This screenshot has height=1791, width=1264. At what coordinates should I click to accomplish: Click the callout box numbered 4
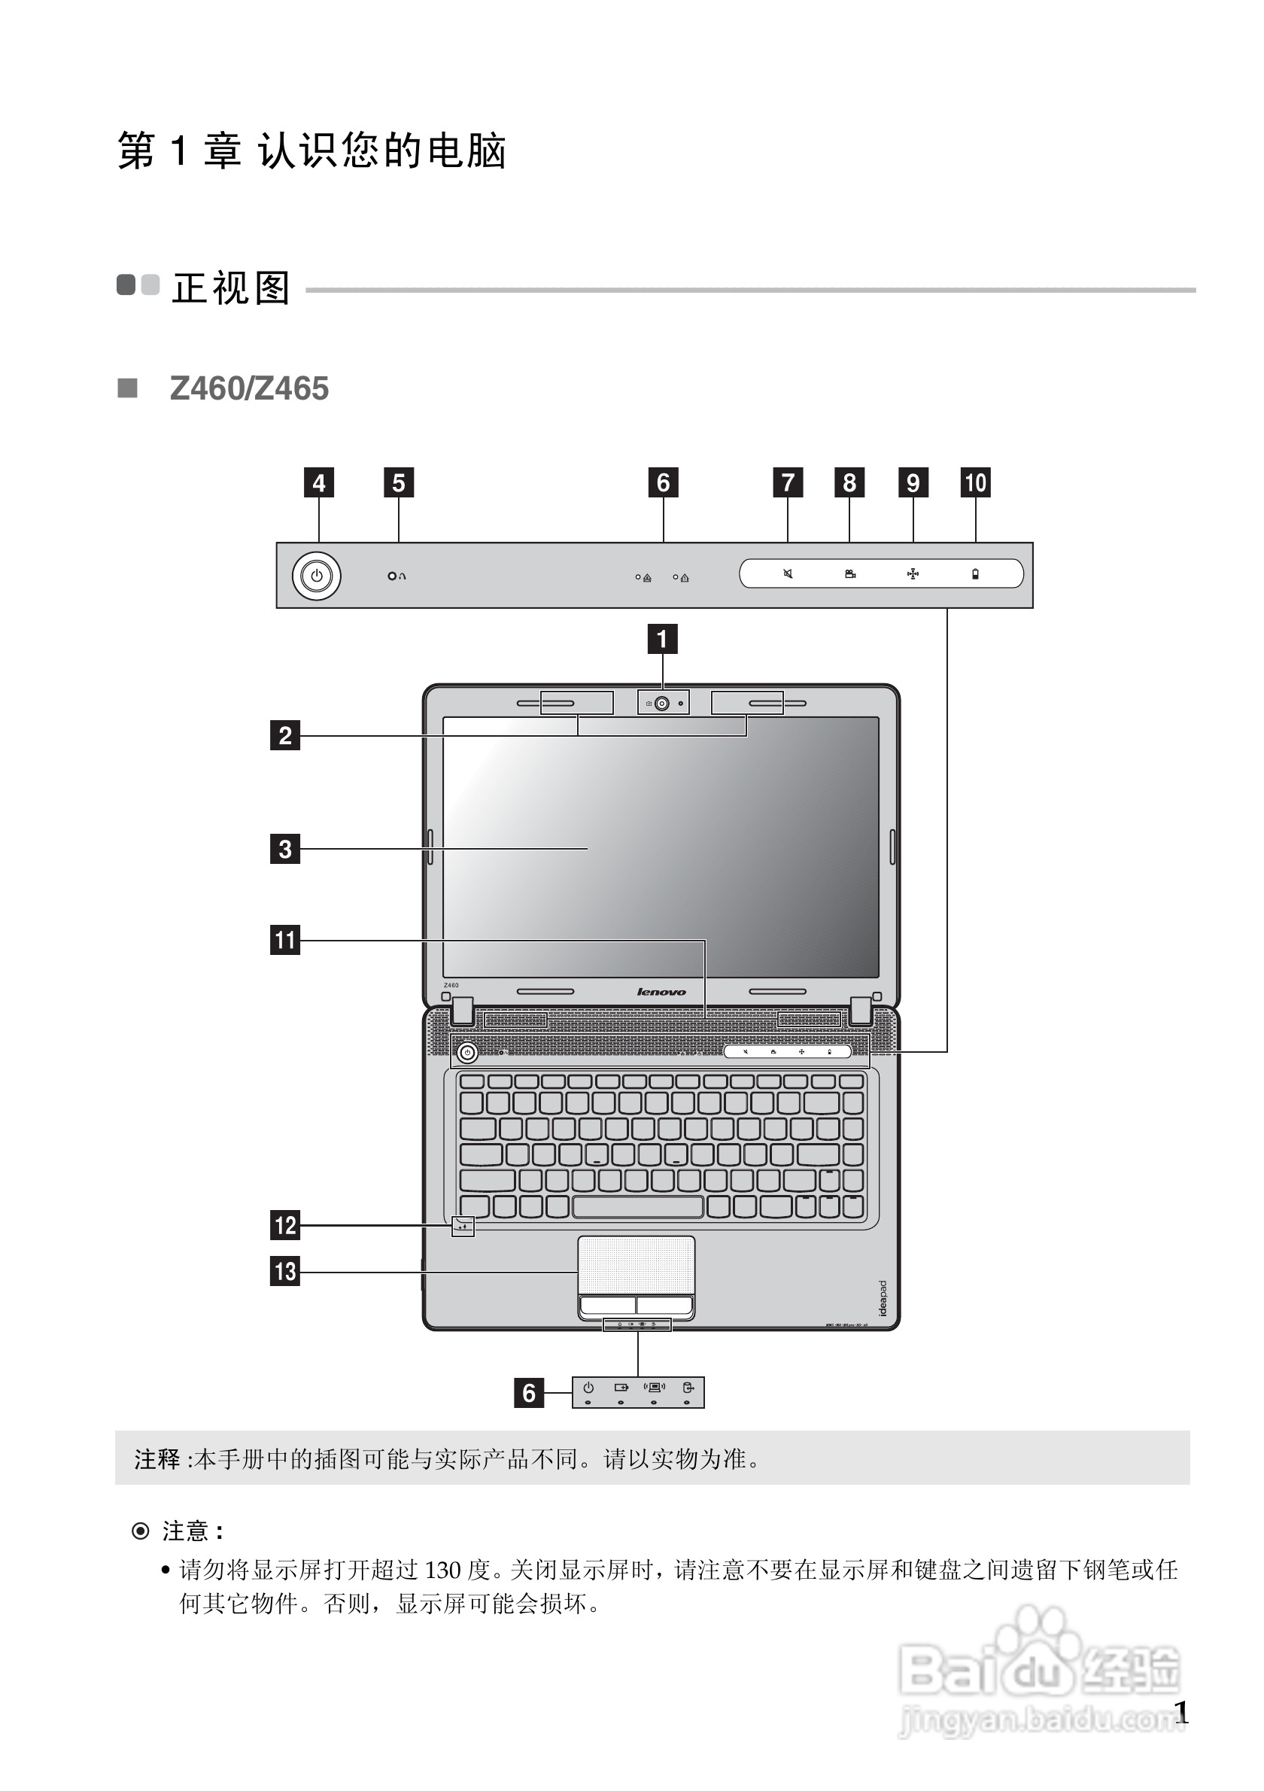[x=319, y=482]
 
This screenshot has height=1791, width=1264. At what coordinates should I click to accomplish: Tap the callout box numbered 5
[x=399, y=482]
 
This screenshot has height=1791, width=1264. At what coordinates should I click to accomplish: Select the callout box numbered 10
[x=976, y=482]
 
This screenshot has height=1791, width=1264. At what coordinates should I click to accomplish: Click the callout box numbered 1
[x=662, y=639]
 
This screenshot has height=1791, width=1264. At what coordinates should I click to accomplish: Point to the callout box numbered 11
[x=284, y=939]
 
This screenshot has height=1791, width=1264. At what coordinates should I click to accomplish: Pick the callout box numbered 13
[x=284, y=1271]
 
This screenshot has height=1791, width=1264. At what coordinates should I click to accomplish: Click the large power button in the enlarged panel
[x=317, y=576]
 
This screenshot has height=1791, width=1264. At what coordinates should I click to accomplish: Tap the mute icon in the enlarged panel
[x=788, y=574]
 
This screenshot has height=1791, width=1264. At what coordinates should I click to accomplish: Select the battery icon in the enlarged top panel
[x=974, y=574]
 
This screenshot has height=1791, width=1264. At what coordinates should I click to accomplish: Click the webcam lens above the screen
[x=662, y=704]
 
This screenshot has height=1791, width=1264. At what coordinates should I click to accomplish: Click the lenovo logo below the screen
[x=661, y=992]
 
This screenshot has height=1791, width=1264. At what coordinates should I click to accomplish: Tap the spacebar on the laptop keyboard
[x=638, y=1207]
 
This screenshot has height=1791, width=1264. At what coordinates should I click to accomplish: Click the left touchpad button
[x=607, y=1304]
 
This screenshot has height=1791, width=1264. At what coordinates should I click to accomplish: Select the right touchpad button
[x=664, y=1304]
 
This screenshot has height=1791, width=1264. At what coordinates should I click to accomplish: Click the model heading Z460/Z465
[x=250, y=388]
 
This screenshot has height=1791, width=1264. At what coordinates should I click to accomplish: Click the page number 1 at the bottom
[x=1181, y=1713]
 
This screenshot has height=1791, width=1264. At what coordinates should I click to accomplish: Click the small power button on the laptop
[x=467, y=1052]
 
